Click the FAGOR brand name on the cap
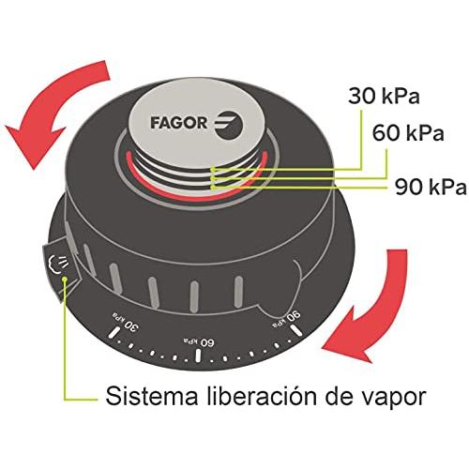[178, 123]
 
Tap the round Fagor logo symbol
[228, 125]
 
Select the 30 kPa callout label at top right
[384, 96]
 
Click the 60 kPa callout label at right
[408, 133]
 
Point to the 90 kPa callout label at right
[431, 187]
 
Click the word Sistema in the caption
[152, 396]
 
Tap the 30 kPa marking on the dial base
[125, 323]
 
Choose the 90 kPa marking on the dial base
[287, 318]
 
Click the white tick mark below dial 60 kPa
[198, 356]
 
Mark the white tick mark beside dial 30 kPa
[113, 332]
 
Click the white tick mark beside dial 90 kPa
[296, 330]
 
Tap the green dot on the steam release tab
[65, 280]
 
